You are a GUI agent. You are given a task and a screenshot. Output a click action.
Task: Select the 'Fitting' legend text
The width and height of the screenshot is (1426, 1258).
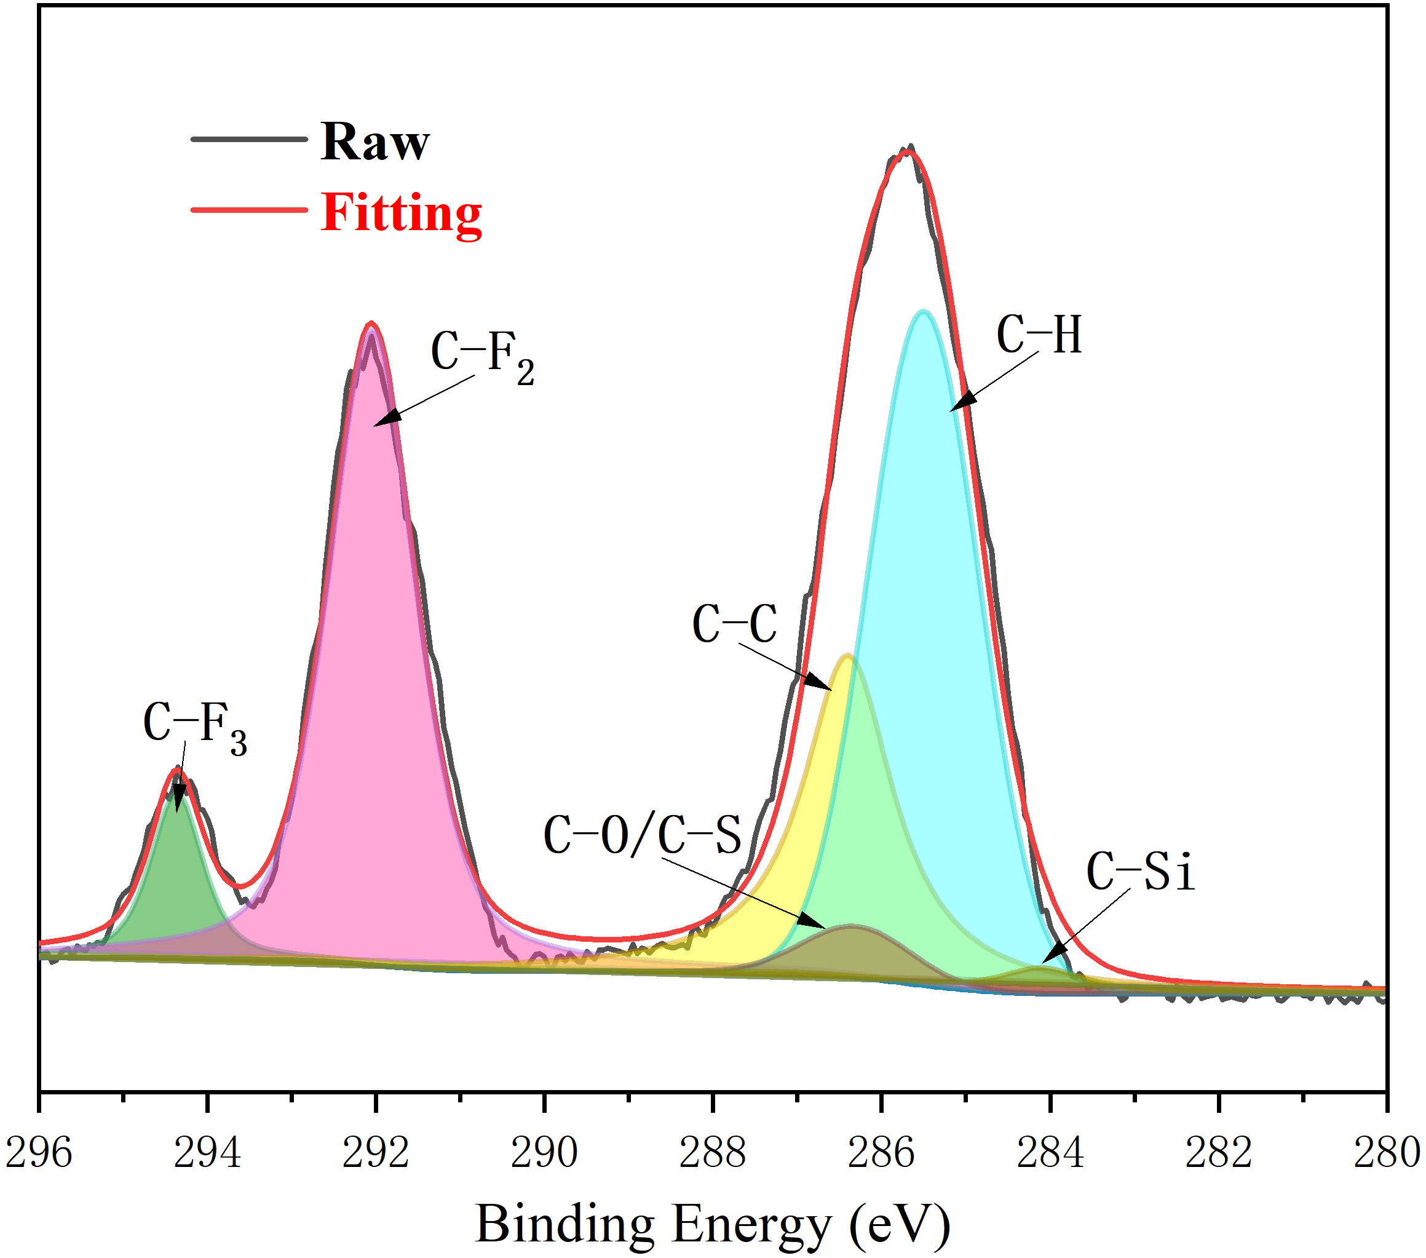[x=401, y=213]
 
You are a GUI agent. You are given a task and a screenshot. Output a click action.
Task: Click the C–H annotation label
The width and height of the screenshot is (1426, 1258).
[x=1039, y=335]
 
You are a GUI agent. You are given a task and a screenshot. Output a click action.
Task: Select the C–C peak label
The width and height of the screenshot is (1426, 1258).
[x=734, y=623]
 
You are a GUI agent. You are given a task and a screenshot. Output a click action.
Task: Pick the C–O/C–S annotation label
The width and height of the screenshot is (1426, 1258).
[x=642, y=835]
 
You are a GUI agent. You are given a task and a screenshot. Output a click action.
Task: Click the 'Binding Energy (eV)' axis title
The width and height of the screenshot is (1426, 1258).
[x=712, y=1226]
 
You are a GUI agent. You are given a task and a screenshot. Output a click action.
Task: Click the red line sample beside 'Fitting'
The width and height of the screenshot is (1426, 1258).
[x=249, y=209]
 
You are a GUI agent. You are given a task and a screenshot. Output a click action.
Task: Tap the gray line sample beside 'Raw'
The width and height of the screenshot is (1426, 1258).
[x=249, y=140]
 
